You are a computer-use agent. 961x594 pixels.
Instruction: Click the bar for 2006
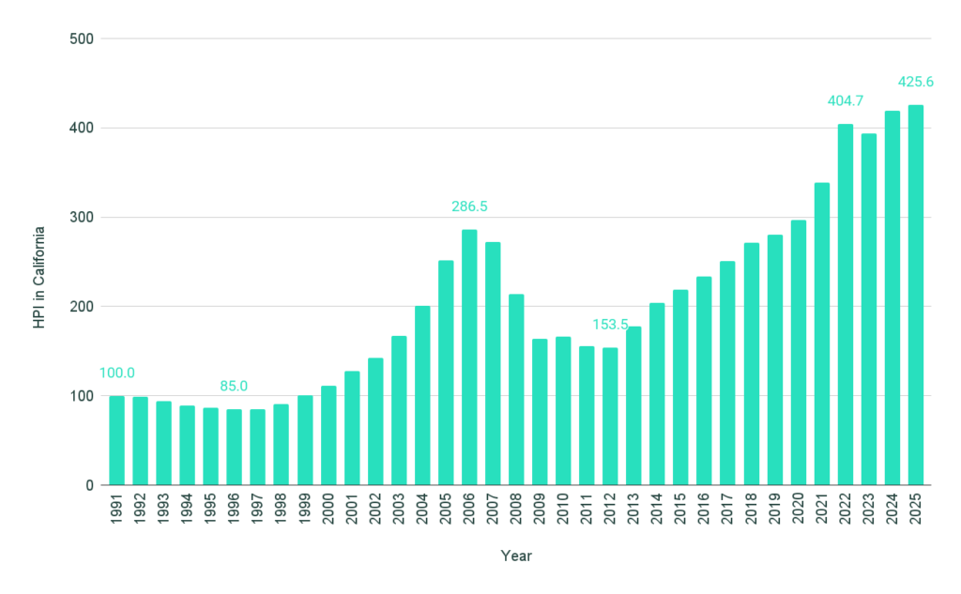[x=469, y=358]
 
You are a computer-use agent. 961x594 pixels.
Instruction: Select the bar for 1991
[x=116, y=440]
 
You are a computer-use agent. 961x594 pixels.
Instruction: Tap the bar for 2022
[x=846, y=305]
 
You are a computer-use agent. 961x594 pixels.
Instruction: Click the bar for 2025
[x=916, y=296]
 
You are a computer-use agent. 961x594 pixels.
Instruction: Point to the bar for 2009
[x=540, y=412]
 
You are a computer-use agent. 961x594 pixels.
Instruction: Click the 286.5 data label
[x=469, y=206]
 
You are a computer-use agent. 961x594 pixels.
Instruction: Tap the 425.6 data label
[x=916, y=82]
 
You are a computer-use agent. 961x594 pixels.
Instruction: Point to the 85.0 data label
[x=235, y=385]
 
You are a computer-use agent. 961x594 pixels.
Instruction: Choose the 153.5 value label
[x=610, y=324]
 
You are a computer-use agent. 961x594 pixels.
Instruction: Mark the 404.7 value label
[x=846, y=100]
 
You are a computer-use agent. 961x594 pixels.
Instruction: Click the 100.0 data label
[x=116, y=373]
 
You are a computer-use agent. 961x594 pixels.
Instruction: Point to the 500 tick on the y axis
[x=83, y=38]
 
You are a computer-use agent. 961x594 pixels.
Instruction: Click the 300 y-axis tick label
[x=83, y=218]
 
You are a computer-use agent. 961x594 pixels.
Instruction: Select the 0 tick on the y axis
[x=90, y=485]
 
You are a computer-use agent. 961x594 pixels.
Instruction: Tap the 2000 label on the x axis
[x=328, y=513]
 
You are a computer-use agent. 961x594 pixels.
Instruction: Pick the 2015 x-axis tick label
[x=681, y=513]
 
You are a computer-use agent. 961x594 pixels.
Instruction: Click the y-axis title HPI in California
[x=39, y=277]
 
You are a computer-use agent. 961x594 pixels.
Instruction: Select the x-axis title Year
[x=516, y=556]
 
